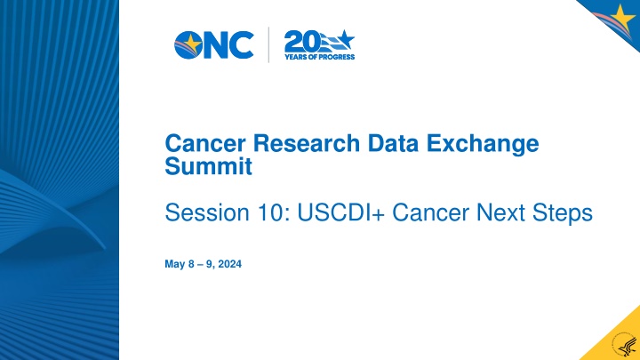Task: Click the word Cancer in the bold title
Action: [205, 143]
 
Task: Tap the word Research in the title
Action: [307, 143]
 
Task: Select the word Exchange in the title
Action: [483, 144]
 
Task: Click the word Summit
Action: [209, 166]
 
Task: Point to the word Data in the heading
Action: [393, 143]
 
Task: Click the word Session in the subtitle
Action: [207, 212]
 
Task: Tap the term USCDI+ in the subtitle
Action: [341, 212]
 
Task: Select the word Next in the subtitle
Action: [500, 212]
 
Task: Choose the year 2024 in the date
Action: [230, 264]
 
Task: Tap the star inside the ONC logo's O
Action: [192, 44]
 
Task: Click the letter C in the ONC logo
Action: [241, 45]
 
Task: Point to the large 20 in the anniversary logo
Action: [302, 41]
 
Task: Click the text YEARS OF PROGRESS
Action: [320, 57]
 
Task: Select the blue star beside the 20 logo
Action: [345, 40]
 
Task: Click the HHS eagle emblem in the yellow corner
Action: [625, 347]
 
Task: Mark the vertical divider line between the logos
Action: [268, 45]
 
